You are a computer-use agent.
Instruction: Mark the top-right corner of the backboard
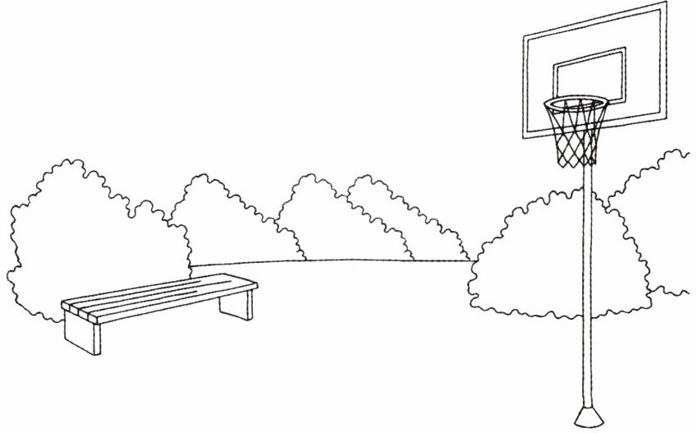666,3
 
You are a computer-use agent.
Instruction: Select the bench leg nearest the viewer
83,336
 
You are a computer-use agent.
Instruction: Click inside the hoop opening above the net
575,104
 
